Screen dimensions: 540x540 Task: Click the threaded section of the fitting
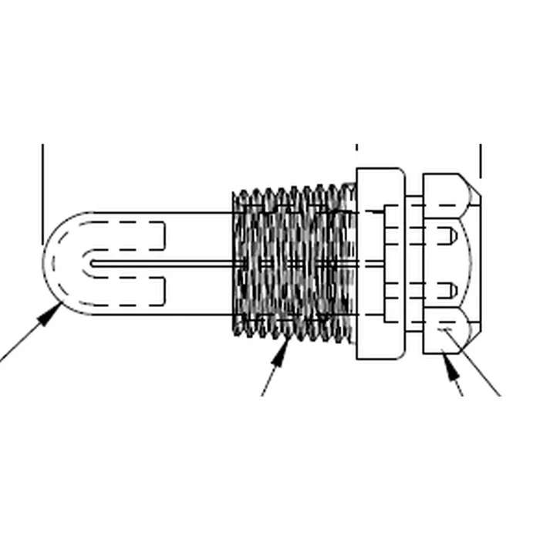293,262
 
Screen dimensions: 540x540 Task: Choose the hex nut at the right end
451,263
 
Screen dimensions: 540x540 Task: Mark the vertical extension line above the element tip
42,193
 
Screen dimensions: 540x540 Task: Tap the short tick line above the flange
356,147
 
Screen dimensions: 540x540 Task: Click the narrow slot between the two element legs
154,263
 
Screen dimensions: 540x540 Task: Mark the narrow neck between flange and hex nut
414,263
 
